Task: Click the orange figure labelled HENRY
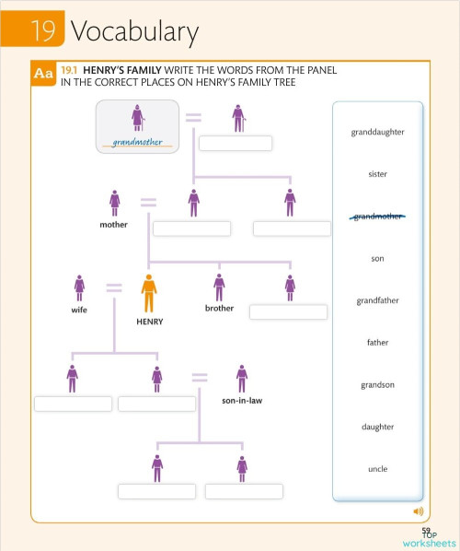[148, 295]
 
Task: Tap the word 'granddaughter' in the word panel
[377, 132]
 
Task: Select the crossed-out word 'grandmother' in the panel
[377, 217]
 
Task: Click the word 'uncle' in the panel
[377, 469]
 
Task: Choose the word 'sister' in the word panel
[377, 174]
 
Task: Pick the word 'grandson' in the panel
[377, 384]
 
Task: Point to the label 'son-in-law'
[243, 401]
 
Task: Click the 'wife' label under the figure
[79, 311]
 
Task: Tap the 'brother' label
[219, 308]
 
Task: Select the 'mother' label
[114, 224]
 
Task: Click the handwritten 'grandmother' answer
[138, 143]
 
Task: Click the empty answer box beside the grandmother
[236, 143]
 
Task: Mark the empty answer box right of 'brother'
[288, 311]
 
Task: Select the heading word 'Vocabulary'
[134, 32]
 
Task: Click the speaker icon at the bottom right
[418, 510]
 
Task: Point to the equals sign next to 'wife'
[114, 288]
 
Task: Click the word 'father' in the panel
[377, 343]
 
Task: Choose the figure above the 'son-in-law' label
[242, 378]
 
